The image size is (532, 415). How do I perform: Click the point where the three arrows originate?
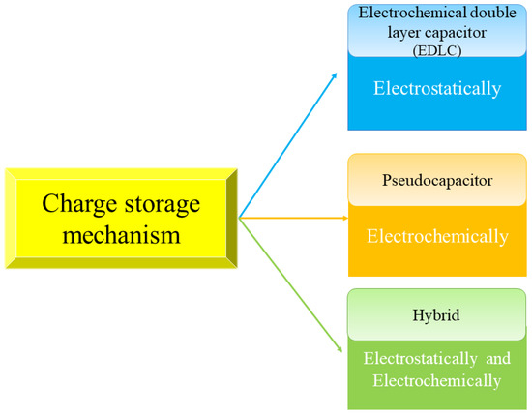239,219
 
